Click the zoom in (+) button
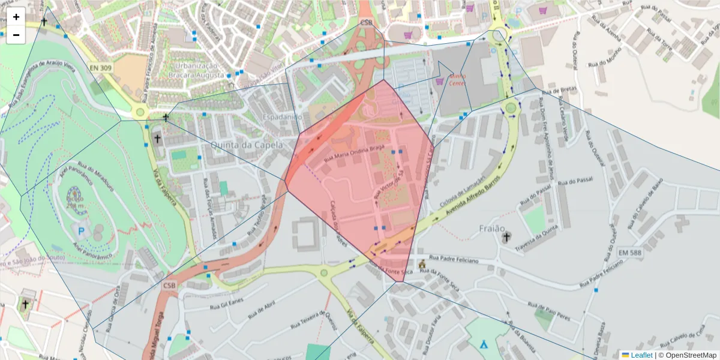point(16,17)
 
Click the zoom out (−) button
point(16,35)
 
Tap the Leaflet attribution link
point(641,355)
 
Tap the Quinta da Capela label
point(238,145)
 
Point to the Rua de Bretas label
point(559,91)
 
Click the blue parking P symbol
point(81,230)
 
